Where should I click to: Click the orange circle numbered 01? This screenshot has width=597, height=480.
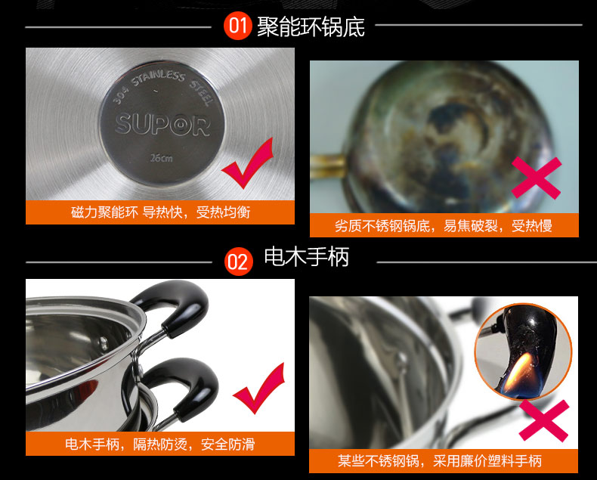(238, 26)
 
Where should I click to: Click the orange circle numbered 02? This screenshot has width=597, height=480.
(239, 262)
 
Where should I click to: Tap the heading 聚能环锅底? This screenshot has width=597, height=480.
(311, 26)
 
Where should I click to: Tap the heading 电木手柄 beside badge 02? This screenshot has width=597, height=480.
(307, 256)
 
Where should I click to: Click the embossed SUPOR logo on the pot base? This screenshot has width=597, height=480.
(162, 125)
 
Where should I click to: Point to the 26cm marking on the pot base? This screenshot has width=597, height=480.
(162, 157)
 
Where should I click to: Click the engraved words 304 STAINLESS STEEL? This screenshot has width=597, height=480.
(162, 85)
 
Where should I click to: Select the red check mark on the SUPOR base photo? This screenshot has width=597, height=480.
(248, 164)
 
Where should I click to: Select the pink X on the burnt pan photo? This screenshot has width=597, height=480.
(537, 178)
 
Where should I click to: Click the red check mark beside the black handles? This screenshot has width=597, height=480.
(259, 389)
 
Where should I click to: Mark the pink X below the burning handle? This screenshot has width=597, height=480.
(544, 420)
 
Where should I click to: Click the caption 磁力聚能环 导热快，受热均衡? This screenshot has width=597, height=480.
(160, 212)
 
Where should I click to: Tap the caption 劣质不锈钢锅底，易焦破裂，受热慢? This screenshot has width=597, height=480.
(444, 225)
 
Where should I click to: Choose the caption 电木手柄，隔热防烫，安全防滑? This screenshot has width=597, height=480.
(160, 444)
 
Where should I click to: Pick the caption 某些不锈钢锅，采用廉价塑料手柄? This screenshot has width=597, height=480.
(440, 461)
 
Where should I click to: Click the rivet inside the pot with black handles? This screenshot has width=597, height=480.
(102, 343)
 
